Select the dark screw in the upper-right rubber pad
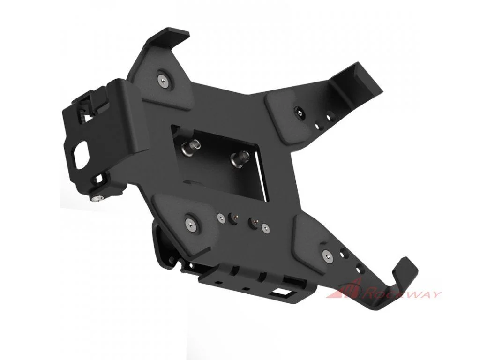[x=299, y=113]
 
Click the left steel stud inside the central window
[x=188, y=149]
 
